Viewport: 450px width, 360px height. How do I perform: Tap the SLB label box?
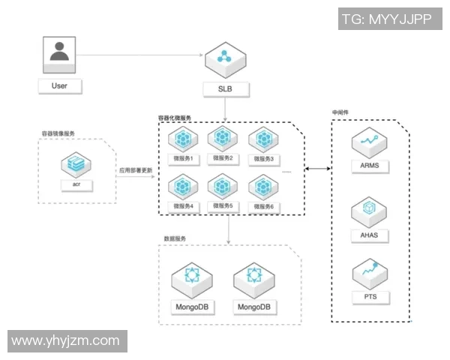tap(224, 89)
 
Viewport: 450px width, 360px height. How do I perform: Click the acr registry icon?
tap(76, 162)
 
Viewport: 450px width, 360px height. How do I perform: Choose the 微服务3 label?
tap(263, 159)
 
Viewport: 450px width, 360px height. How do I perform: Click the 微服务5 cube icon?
tap(222, 184)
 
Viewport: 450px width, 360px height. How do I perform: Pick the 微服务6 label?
tap(263, 205)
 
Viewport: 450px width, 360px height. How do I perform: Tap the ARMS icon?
tap(369, 140)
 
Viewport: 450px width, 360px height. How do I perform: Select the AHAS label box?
tap(369, 235)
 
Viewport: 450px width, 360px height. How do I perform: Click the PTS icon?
tap(369, 272)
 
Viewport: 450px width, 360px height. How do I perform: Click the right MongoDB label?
tap(252, 307)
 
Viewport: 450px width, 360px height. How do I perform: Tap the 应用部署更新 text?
tap(136, 170)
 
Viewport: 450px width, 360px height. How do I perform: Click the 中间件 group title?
tap(341, 113)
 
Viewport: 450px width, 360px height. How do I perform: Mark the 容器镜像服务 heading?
tap(58, 133)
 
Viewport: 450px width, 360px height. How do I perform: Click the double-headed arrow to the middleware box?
tap(319, 169)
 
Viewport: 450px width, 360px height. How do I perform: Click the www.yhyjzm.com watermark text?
tap(66, 341)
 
